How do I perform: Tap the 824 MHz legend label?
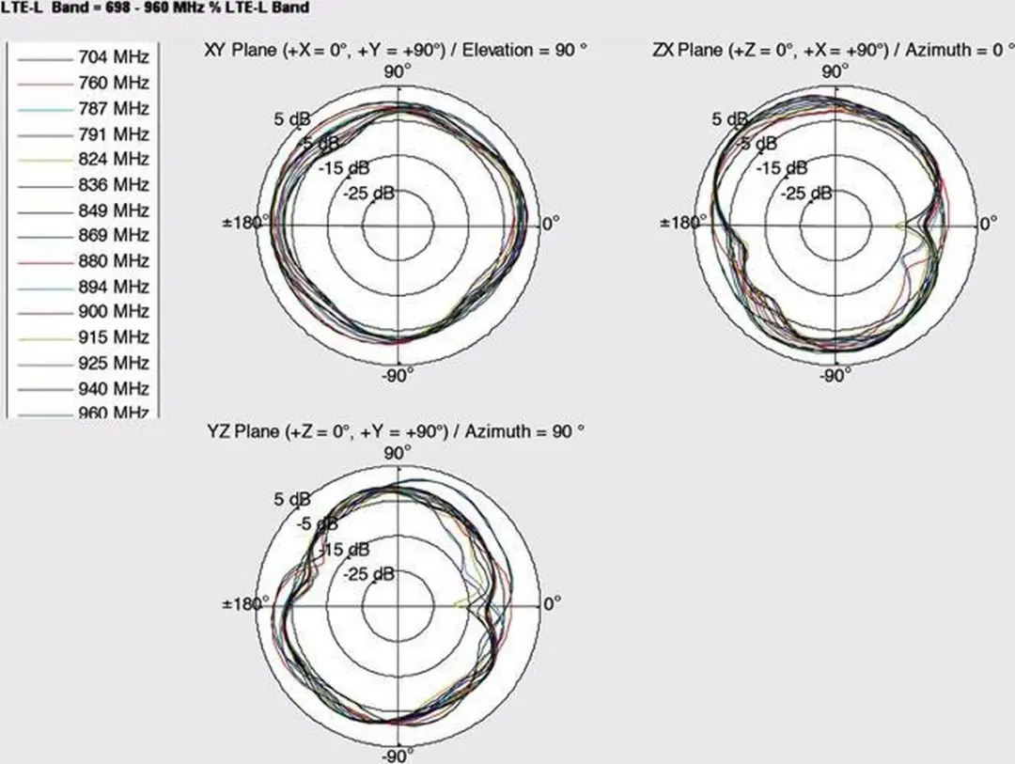(x=114, y=159)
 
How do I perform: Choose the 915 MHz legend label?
(x=114, y=337)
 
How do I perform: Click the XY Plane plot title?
(x=396, y=51)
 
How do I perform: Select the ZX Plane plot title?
(x=834, y=50)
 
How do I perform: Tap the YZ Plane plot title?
(x=396, y=431)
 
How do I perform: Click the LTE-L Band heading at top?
(x=155, y=8)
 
